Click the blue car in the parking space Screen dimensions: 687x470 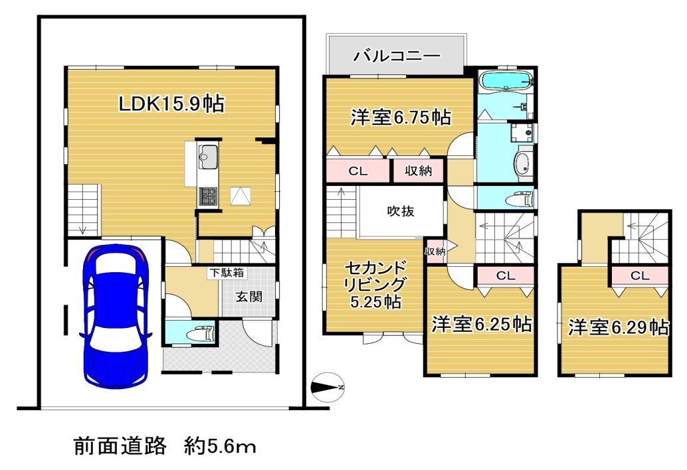[116, 315]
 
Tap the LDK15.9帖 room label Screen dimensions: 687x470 [171, 104]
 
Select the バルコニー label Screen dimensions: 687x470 [397, 56]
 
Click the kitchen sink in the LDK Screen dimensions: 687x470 [207, 157]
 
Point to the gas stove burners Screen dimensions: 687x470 [208, 196]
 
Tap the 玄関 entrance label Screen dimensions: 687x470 [249, 297]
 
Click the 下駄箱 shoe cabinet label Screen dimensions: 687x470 [227, 273]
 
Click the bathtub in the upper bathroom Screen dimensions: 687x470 [505, 80]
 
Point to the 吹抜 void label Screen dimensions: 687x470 [401, 211]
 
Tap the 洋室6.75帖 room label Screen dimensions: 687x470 [401, 118]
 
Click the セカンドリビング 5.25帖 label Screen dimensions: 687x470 [375, 284]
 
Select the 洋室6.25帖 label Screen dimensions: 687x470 [482, 324]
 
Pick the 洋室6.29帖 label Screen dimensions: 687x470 [618, 327]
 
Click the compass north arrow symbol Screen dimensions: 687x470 [327, 387]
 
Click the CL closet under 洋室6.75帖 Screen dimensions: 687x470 [358, 171]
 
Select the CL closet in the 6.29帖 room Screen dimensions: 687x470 [640, 275]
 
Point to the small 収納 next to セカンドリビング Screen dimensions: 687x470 [435, 251]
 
